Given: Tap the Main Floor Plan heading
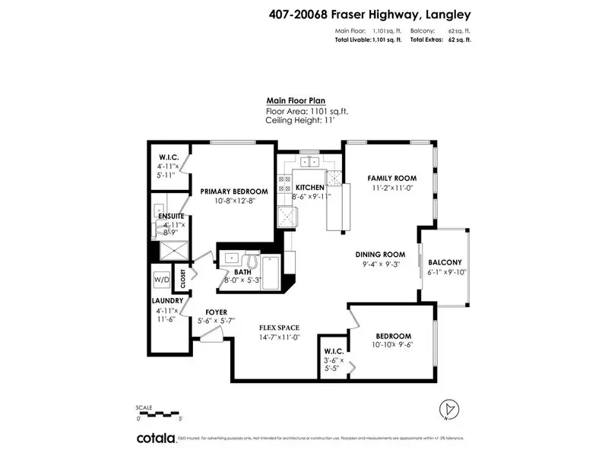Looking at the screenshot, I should [x=297, y=100].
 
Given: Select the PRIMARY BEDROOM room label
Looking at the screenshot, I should [x=234, y=192].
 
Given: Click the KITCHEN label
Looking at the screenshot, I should [x=309, y=188].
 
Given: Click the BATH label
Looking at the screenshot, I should [x=242, y=271].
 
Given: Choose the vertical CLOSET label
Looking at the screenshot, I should [x=182, y=279].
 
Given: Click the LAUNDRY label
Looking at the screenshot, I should [x=166, y=300].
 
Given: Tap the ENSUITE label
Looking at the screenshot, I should [x=171, y=217].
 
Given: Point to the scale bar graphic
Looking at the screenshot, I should [x=157, y=413].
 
